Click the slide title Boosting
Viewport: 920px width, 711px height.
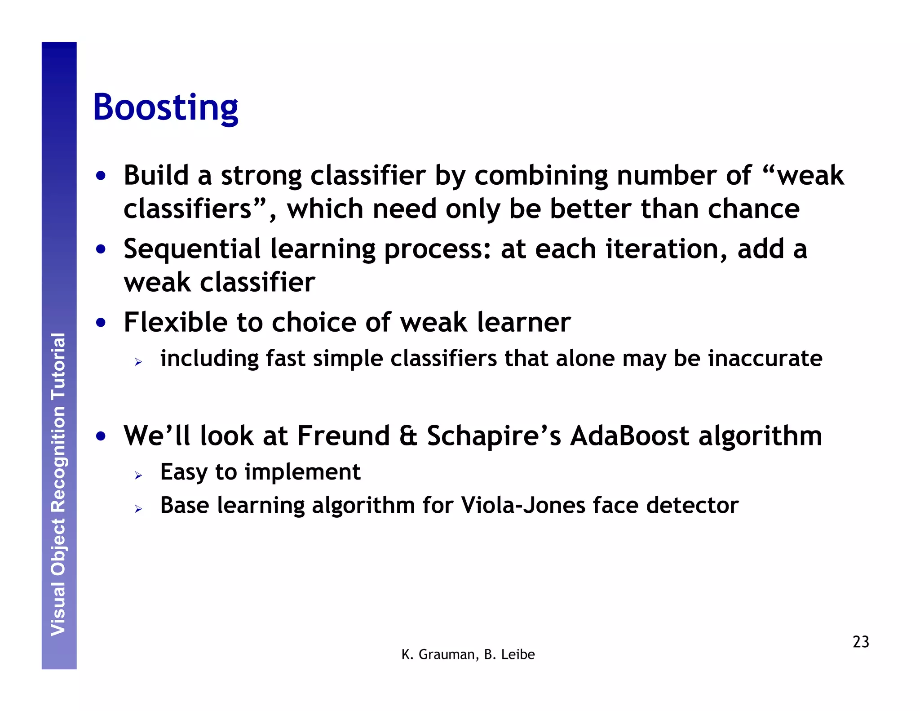[x=165, y=108]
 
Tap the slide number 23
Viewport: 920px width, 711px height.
[x=860, y=642]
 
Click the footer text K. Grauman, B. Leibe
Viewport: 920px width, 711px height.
[x=468, y=654]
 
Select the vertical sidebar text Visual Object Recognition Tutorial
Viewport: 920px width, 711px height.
[x=58, y=484]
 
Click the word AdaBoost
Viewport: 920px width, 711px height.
[x=629, y=435]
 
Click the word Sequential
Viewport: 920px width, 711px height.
[x=192, y=249]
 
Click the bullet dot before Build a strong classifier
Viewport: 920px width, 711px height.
[x=101, y=176]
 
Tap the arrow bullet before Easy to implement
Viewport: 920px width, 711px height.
[x=138, y=475]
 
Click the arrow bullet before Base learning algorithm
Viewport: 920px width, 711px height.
[x=138, y=509]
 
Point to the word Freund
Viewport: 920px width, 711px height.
[x=343, y=435]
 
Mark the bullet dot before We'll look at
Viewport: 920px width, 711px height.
[x=101, y=436]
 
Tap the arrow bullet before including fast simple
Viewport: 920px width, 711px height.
[x=138, y=361]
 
